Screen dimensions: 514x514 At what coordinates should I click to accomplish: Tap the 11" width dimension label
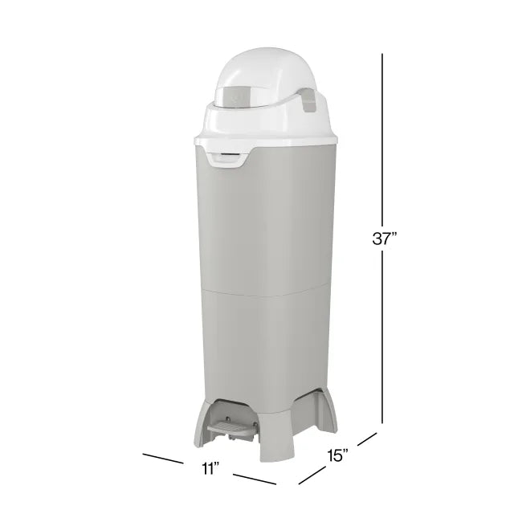[211, 468]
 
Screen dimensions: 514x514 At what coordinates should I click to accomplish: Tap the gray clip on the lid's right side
[306, 100]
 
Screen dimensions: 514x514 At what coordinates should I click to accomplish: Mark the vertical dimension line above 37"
[382, 137]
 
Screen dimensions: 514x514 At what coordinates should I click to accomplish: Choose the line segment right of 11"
[254, 479]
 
